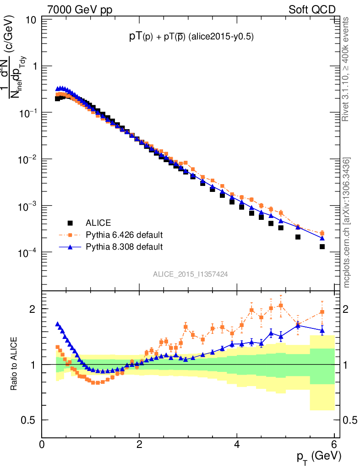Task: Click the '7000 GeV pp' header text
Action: [80, 10]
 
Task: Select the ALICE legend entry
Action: [98, 223]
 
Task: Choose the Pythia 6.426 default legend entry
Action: [124, 235]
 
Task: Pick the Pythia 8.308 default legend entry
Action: [124, 247]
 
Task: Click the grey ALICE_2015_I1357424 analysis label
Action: [191, 274]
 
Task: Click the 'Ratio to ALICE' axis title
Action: [14, 364]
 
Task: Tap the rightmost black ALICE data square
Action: [322, 246]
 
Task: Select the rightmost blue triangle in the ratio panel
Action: [322, 330]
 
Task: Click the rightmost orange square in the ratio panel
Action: [322, 312]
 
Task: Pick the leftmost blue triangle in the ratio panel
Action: [57, 324]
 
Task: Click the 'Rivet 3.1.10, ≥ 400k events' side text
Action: [346, 69]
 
